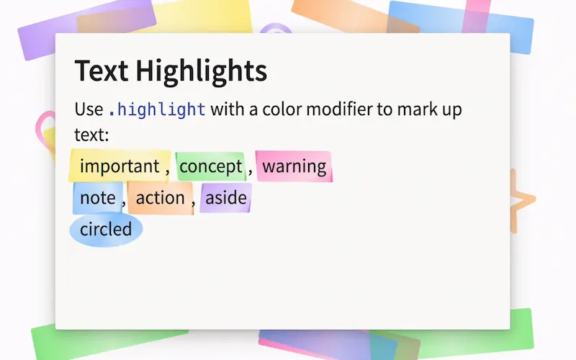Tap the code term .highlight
[x=157, y=110]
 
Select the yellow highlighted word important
[x=119, y=167]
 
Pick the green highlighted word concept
[x=210, y=167]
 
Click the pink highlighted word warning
[x=294, y=167]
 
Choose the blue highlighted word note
[x=97, y=198]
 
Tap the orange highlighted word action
[x=160, y=198]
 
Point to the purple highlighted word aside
[x=225, y=198]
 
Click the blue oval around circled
[x=106, y=230]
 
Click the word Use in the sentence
[x=89, y=110]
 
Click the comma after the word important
[x=167, y=173]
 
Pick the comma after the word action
[x=193, y=204]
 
